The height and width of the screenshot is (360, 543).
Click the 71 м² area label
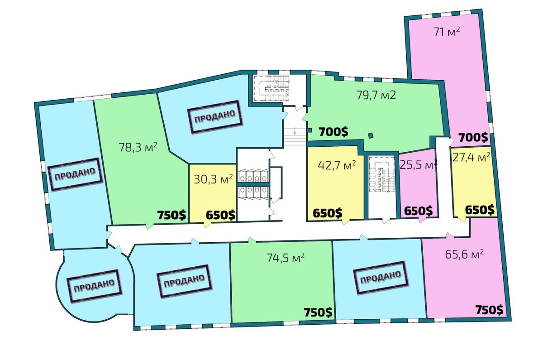447,32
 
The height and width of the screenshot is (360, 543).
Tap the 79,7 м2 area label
376,95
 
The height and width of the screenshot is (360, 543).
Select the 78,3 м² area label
138,147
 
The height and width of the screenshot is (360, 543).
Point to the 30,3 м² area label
213,179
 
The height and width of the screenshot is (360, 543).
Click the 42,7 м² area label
337,165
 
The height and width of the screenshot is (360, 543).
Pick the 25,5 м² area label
419,165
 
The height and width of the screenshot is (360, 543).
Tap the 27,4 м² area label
471,158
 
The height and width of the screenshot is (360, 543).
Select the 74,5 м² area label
286,258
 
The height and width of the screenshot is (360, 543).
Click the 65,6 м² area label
464,254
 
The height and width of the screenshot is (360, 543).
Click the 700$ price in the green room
333,132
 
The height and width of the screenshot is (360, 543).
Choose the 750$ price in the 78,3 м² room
171,215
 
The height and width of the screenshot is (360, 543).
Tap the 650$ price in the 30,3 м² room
221,215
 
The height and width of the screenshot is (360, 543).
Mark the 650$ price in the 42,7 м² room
328,213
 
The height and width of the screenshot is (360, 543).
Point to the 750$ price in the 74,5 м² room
318,312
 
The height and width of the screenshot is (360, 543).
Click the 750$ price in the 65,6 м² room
489,310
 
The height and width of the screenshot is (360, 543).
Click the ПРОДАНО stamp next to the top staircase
215,117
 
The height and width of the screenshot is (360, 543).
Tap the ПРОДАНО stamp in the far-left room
75,174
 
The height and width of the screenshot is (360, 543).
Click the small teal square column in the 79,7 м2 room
371,135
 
